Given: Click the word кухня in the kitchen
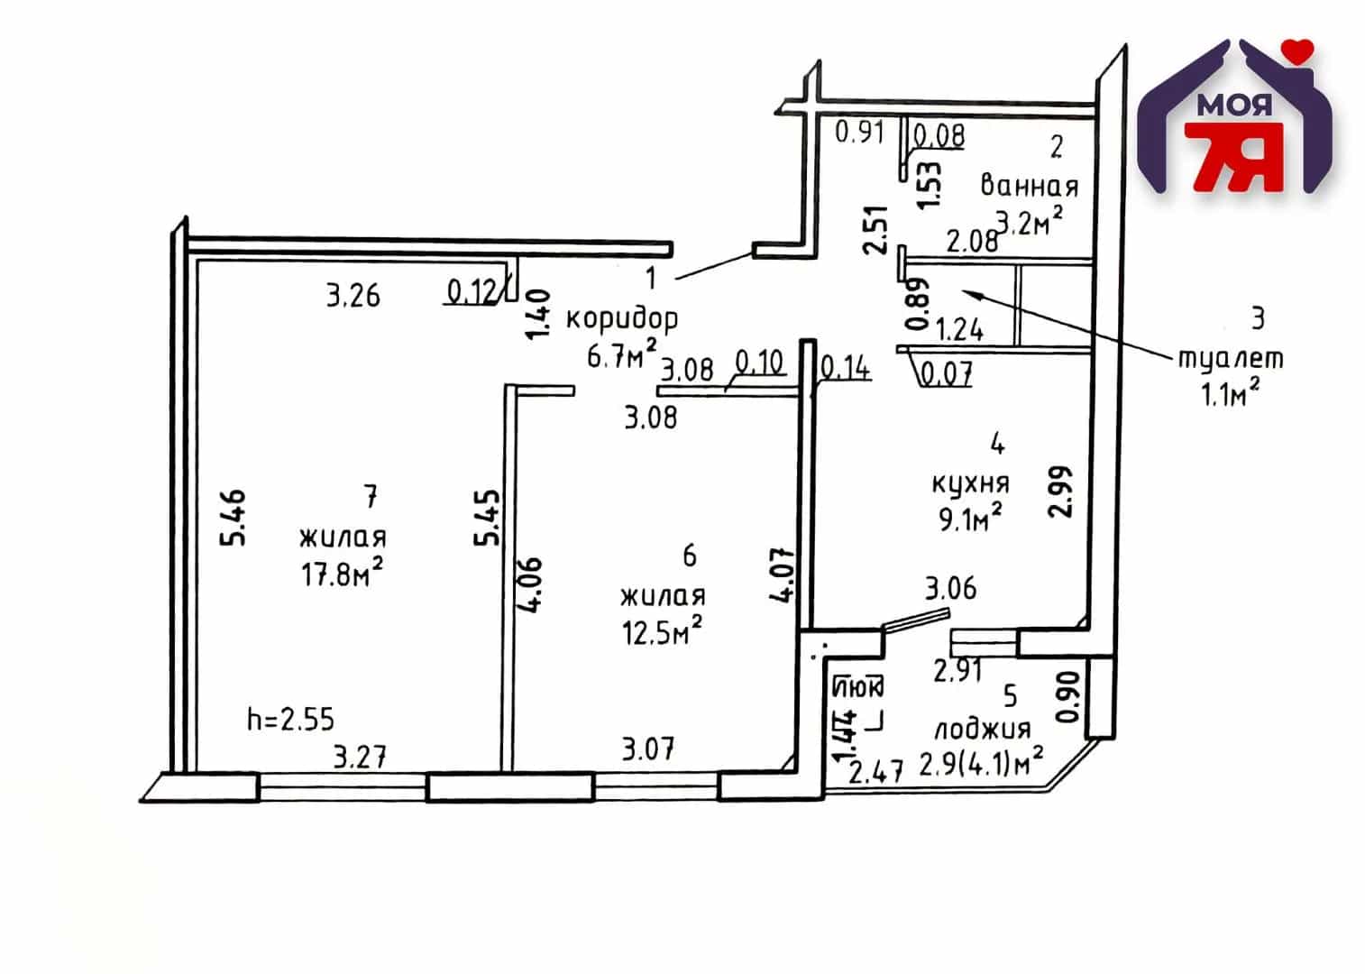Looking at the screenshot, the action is pos(971,484).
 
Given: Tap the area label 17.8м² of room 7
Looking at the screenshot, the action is pos(343,573).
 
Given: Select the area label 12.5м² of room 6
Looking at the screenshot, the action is pos(662,630).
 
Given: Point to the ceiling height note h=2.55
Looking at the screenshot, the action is pos(290,719).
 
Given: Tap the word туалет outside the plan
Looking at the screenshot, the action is pos(1231,358).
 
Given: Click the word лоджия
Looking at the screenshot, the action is pos(983,730).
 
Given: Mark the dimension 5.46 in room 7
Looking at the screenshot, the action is pos(233,518).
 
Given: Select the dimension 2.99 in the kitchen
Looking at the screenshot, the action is pos(1059,492).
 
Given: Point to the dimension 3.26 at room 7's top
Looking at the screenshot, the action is pos(353,296).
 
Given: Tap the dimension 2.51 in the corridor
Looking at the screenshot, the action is pos(875,230).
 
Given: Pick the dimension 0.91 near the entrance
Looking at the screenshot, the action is pos(859,133).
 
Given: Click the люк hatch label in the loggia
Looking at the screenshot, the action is pos(858,687).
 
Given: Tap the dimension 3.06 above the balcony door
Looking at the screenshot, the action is pos(950,589).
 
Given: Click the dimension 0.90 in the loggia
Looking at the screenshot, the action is pos(1071,696).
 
